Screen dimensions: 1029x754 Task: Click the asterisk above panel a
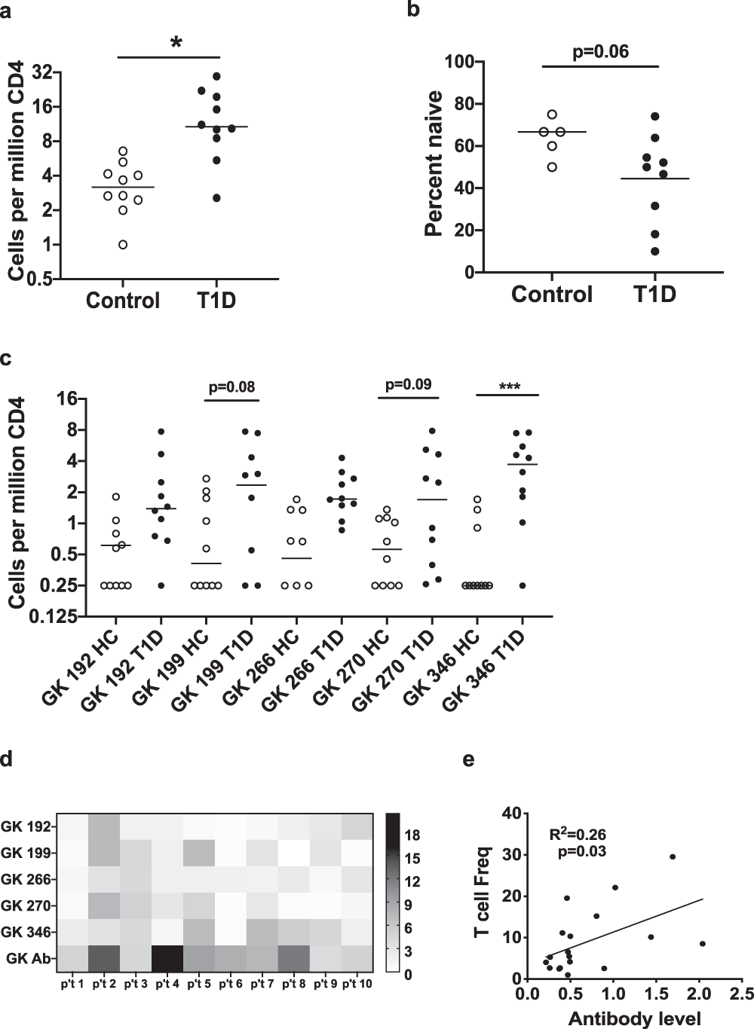pyautogui.click(x=176, y=42)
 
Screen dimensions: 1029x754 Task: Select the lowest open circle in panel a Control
pyautogui.click(x=123, y=244)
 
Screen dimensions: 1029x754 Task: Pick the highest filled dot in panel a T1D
pyautogui.click(x=216, y=76)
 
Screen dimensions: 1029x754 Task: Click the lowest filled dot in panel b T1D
pyautogui.click(x=655, y=251)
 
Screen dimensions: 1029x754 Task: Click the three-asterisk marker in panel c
pyautogui.click(x=507, y=386)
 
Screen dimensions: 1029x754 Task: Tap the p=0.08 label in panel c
pyautogui.click(x=231, y=388)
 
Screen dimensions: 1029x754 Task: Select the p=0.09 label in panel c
pyautogui.click(x=408, y=385)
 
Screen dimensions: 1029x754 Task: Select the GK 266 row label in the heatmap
pyautogui.click(x=27, y=879)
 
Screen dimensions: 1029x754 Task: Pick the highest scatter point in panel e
pyautogui.click(x=673, y=856)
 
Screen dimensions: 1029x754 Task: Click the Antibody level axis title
pyautogui.click(x=634, y=1018)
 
